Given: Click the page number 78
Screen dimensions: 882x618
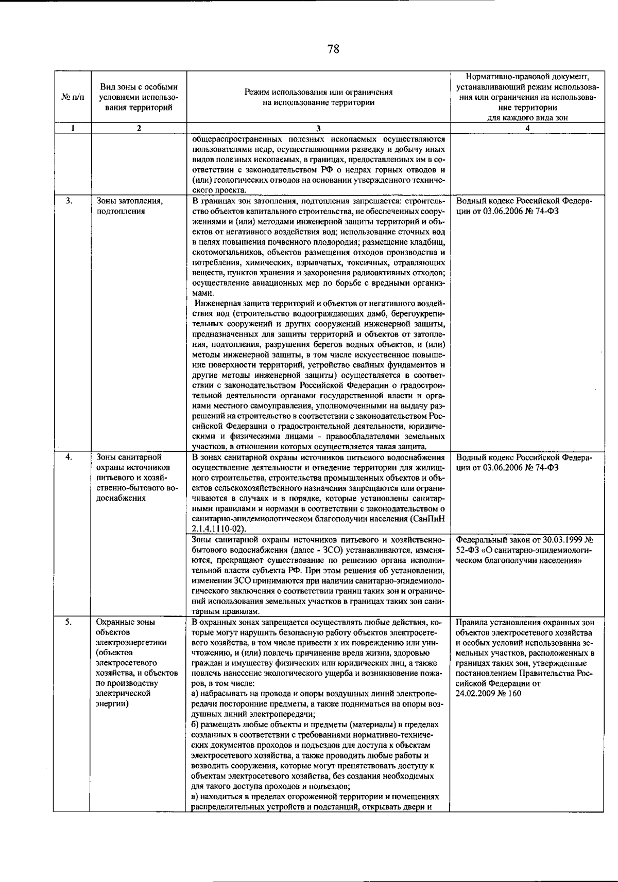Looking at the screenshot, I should pyautogui.click(x=333, y=49).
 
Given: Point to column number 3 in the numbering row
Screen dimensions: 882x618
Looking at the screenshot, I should pyautogui.click(x=318, y=129).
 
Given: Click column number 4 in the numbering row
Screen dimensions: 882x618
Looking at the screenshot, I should pyautogui.click(x=527, y=129).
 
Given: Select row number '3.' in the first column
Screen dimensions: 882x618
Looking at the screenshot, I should pyautogui.click(x=69, y=201).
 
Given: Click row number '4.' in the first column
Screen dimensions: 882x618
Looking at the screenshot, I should pyautogui.click(x=69, y=456).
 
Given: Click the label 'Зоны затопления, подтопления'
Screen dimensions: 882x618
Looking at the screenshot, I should pyautogui.click(x=129, y=206).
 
